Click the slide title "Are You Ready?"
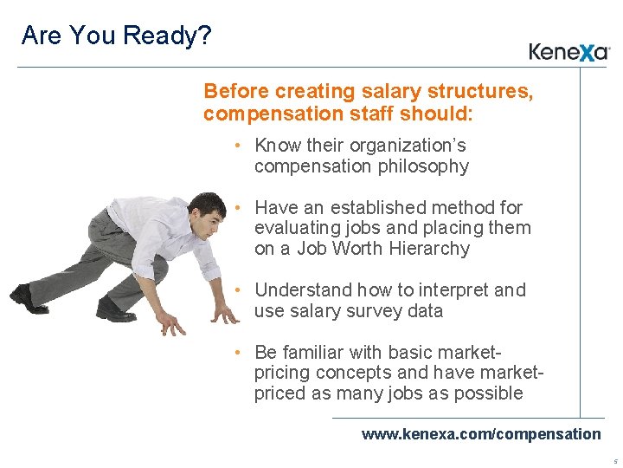pyautogui.click(x=116, y=36)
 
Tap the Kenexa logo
pyautogui.click(x=569, y=52)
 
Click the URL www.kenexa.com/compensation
pyautogui.click(x=480, y=433)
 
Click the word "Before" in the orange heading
pyautogui.click(x=236, y=91)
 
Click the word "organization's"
pyautogui.click(x=408, y=146)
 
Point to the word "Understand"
pyautogui.click(x=297, y=289)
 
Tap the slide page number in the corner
pyautogui.click(x=614, y=461)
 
